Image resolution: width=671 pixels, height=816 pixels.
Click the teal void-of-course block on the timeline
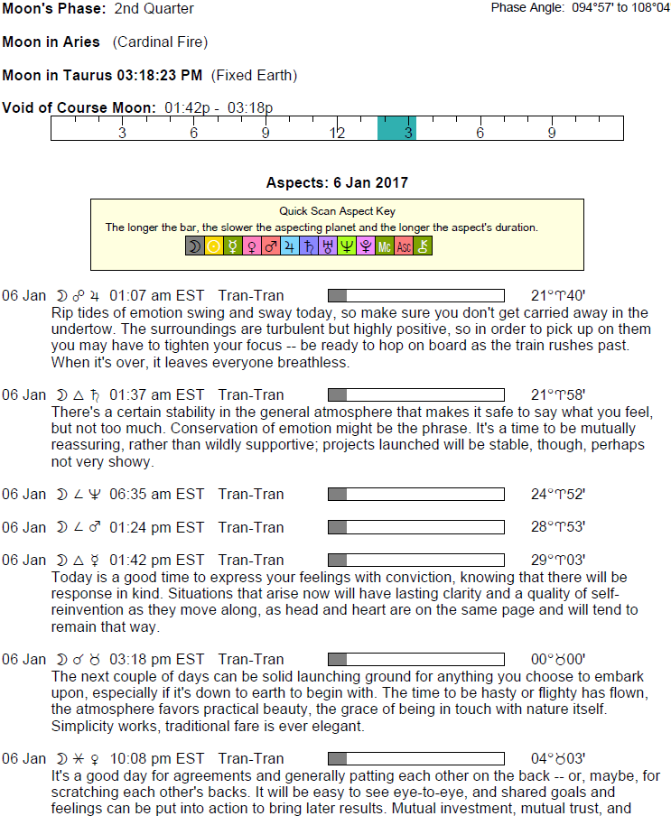396,128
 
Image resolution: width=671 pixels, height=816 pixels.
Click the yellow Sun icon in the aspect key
214,246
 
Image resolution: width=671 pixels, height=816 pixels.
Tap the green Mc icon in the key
385,246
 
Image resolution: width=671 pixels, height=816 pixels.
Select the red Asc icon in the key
404,246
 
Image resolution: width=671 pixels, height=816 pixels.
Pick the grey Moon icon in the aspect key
195,246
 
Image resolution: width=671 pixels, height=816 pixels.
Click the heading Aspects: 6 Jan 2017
337,183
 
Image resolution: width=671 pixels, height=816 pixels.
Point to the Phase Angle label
527,8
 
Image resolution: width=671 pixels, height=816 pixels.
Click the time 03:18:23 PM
163,75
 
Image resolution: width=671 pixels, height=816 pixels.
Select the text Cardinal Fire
160,42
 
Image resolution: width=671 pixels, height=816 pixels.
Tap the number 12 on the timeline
337,134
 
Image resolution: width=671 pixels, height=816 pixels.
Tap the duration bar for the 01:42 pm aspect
415,561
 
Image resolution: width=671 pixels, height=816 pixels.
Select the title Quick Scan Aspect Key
337,211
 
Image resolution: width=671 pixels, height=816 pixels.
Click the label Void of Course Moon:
79,107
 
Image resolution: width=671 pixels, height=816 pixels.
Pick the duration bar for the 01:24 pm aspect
415,527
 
